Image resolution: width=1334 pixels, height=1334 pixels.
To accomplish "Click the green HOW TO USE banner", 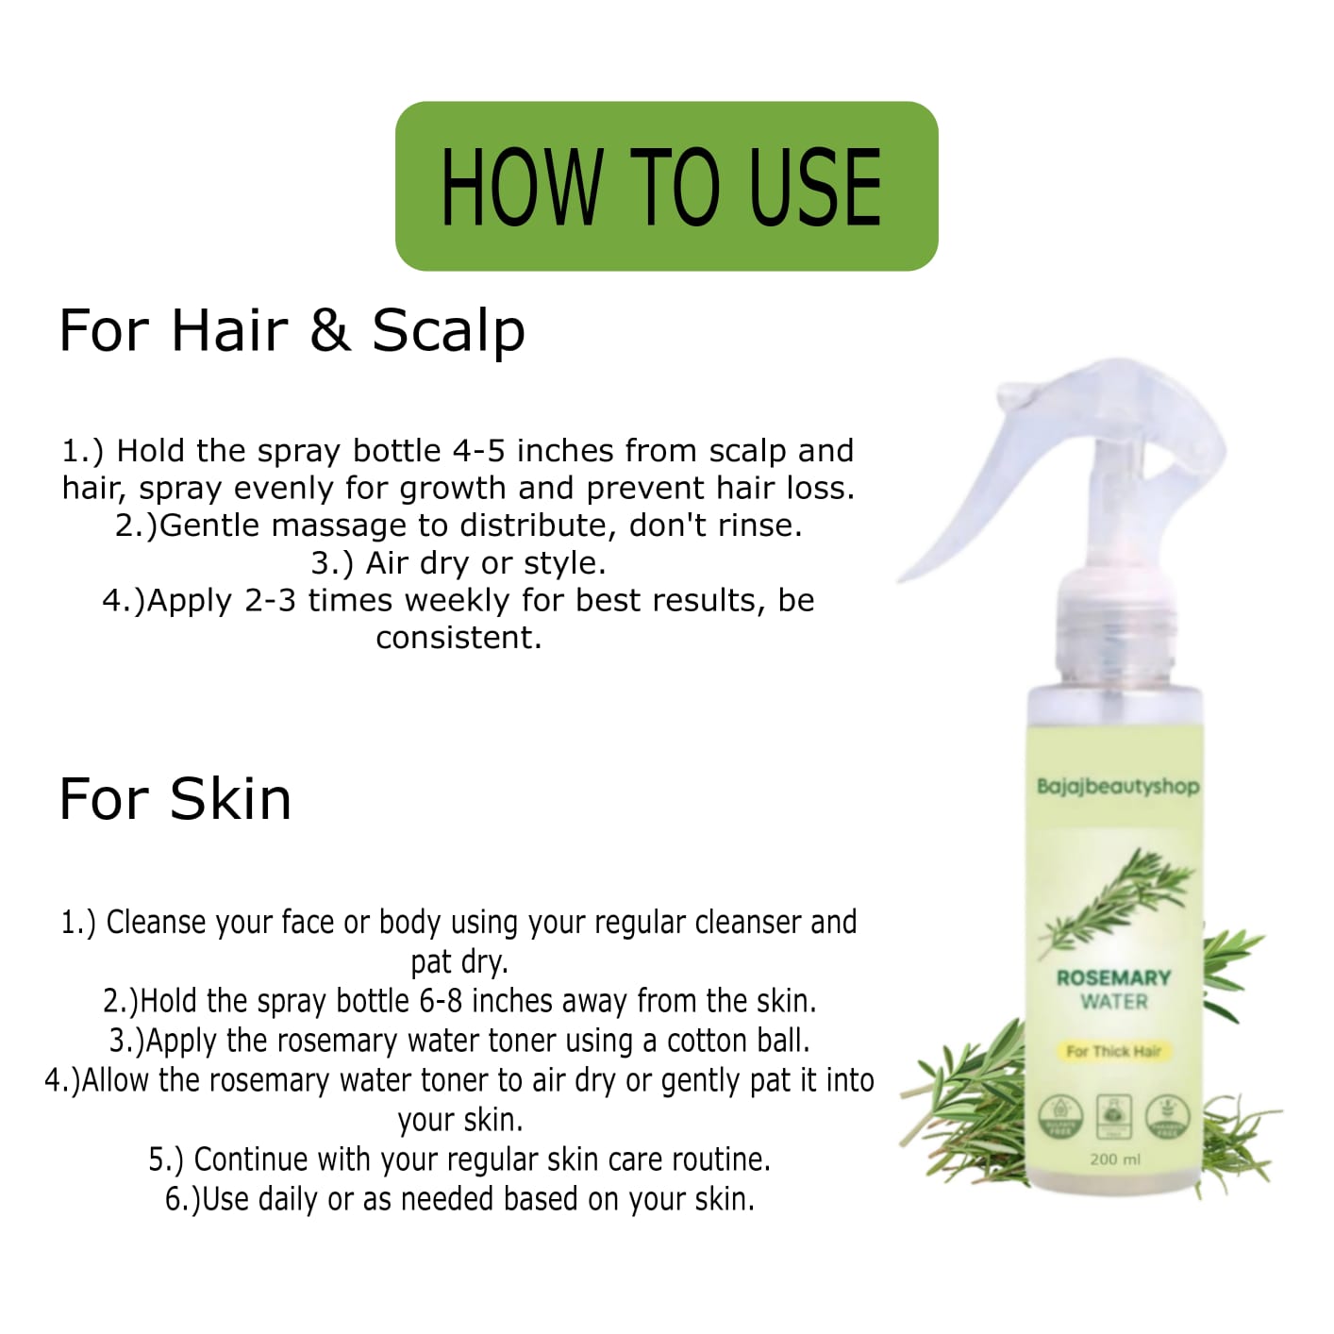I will (666, 186).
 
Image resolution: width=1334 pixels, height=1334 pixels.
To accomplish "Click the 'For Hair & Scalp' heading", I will (292, 330).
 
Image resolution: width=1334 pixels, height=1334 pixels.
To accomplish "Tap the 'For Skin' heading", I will (175, 799).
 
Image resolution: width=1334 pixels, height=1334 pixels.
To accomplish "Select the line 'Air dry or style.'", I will (459, 563).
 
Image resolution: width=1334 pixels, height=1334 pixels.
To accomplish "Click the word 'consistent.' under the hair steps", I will (459, 638).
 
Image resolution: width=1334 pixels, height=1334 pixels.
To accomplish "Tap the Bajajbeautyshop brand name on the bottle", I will (1117, 786).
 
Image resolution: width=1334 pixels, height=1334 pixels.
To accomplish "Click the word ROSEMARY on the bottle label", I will (1113, 977).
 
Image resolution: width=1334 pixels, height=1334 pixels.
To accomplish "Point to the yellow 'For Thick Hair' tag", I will (1113, 1051).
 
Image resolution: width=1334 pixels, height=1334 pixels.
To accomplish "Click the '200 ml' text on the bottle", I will (1114, 1159).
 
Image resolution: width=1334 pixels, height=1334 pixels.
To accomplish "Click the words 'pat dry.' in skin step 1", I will (459, 962).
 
